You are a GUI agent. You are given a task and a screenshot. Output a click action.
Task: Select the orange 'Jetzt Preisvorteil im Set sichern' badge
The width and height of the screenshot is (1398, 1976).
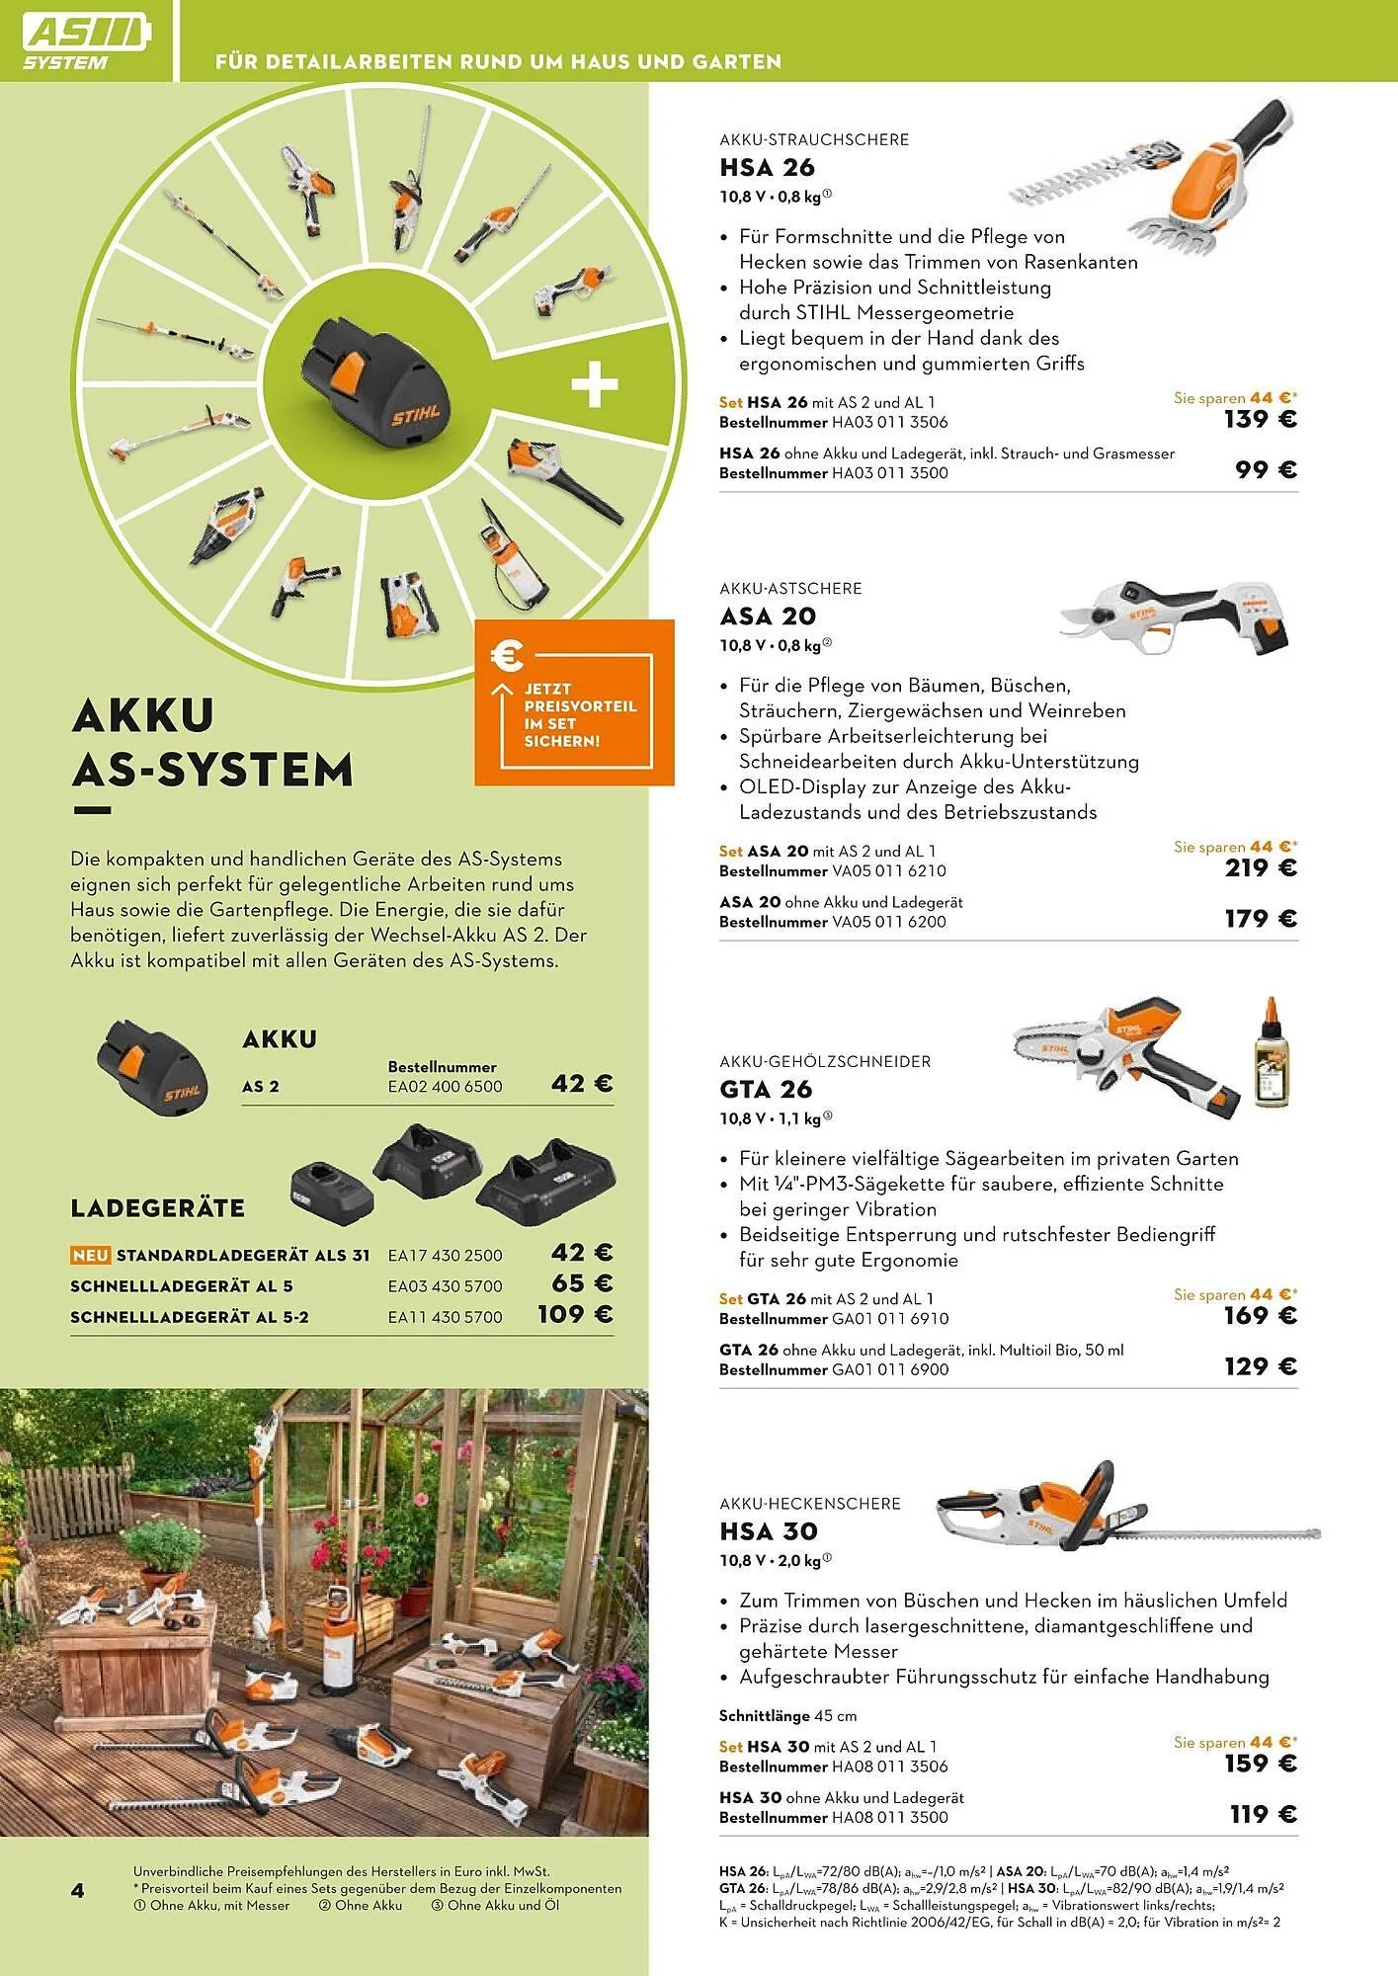[x=574, y=703]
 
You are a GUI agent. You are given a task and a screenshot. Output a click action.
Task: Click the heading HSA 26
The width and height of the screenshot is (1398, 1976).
[x=767, y=168]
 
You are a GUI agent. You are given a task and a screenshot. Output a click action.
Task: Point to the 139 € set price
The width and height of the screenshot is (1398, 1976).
[x=1260, y=420]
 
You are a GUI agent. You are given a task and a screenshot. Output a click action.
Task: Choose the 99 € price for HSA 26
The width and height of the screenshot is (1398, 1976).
[x=1266, y=470]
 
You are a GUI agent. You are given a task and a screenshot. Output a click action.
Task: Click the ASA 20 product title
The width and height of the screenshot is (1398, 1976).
[x=768, y=617]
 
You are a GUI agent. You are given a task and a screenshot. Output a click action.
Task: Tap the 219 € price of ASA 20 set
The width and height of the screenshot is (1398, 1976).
[x=1260, y=868]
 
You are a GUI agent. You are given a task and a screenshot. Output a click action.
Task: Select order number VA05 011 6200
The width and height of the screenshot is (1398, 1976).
[x=888, y=922]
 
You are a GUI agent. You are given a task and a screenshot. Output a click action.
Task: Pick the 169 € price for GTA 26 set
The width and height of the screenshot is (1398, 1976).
[x=1260, y=1316]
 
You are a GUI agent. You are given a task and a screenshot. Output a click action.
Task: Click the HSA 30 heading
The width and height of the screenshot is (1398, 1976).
[x=769, y=1531]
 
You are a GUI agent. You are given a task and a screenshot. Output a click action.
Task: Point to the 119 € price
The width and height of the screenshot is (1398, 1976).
[x=1262, y=1814]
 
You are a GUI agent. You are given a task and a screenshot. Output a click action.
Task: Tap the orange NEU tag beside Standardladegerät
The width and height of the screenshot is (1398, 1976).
[x=90, y=1255]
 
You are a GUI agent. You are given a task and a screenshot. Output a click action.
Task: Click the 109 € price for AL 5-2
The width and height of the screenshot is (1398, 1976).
[x=575, y=1315]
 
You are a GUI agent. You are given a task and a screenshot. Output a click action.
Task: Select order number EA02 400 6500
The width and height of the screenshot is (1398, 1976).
[x=445, y=1087]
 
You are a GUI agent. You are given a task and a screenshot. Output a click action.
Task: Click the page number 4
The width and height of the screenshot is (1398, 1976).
[x=78, y=1890]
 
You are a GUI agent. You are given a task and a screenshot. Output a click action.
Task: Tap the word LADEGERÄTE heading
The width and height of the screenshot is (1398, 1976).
[x=158, y=1208]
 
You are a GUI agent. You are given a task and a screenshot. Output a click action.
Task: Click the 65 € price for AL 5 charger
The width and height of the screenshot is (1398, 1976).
[x=582, y=1284]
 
